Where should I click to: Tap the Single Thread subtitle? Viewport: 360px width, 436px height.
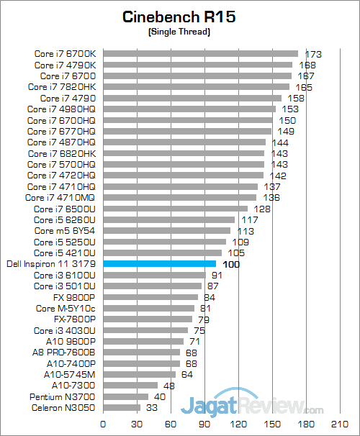tap(179, 32)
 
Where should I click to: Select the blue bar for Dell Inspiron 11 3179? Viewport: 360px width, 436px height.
tap(159, 264)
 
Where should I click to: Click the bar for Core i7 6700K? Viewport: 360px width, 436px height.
tap(200, 53)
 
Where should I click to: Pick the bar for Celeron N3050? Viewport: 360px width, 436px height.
tap(122, 408)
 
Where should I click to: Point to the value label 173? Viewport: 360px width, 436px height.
tap(312, 54)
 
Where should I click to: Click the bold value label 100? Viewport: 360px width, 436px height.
tap(231, 265)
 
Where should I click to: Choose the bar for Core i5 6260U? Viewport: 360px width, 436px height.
tap(168, 219)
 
